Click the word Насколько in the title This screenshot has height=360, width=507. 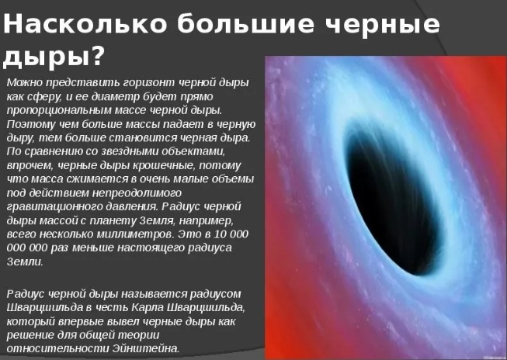pos(85,23)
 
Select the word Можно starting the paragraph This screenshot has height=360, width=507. pos(25,82)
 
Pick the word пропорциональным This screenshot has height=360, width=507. pos(59,110)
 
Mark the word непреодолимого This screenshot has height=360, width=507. pos(137,193)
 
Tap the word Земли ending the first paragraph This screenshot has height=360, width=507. pos(25,262)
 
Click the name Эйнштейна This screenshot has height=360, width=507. pos(146,349)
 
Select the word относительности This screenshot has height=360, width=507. pos(58,349)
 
